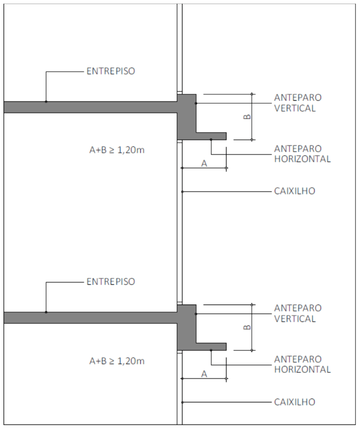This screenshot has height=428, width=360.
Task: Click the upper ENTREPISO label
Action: (x=111, y=71)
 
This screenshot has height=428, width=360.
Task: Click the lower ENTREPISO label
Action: (x=111, y=281)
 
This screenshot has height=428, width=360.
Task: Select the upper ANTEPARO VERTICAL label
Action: (x=298, y=103)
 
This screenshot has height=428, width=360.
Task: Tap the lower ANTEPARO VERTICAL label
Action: (x=298, y=313)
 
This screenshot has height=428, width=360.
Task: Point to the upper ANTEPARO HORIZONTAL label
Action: (x=302, y=153)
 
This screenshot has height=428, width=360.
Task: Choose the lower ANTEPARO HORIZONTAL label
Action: (x=302, y=365)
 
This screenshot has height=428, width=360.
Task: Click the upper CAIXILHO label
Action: (x=294, y=191)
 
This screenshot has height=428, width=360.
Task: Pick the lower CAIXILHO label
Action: (x=294, y=402)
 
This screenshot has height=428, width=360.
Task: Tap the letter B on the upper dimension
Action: (x=247, y=117)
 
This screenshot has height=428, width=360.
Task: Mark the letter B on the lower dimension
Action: (x=247, y=327)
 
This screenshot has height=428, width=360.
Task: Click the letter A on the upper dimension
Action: (x=204, y=164)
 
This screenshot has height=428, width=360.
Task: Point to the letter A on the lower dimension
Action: (x=204, y=374)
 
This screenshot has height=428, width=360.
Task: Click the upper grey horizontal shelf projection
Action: (x=211, y=136)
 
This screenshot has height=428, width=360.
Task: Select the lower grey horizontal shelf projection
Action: (x=211, y=347)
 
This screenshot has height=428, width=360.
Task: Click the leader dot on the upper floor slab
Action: (x=46, y=102)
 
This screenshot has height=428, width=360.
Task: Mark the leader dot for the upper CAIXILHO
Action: (x=182, y=192)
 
